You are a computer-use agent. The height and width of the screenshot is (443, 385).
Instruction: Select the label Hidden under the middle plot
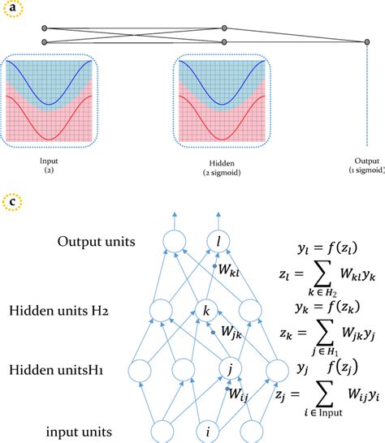click(215, 162)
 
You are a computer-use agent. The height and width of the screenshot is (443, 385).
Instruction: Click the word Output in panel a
click(367, 161)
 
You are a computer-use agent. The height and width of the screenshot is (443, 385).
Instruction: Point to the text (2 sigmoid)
click(214, 172)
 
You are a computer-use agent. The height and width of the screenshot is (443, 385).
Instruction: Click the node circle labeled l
click(218, 240)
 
